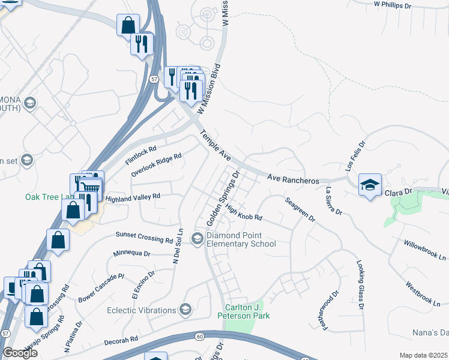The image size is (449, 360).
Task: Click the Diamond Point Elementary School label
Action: tap(241, 239)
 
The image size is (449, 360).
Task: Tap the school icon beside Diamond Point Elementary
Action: tap(197, 239)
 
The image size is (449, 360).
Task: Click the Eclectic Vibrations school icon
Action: tap(185, 310)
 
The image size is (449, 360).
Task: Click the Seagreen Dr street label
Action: tap(300, 209)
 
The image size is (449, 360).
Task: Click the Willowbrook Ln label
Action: tap(425, 250)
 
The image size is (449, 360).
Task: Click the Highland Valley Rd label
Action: tap(133, 197)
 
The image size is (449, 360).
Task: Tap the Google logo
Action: tap(20, 353)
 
